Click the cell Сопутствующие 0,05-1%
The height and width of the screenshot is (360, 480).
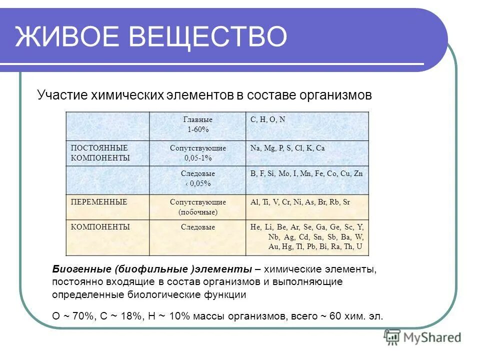(x=197, y=153)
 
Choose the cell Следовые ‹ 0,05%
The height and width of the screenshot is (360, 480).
(x=197, y=178)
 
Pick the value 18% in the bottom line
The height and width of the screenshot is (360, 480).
(x=126, y=316)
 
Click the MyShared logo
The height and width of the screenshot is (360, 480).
(x=422, y=337)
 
